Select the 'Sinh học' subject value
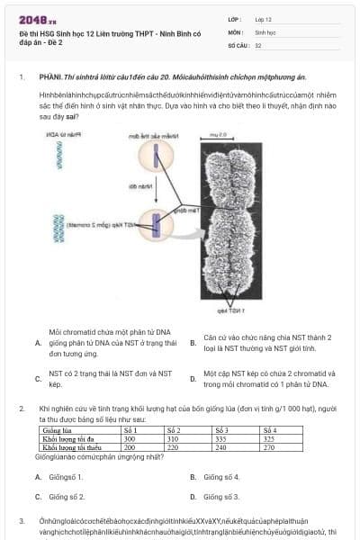[x=265, y=31]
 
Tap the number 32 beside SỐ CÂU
[x=258, y=44]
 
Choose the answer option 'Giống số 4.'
[x=220, y=477]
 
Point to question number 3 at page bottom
[x=21, y=521]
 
